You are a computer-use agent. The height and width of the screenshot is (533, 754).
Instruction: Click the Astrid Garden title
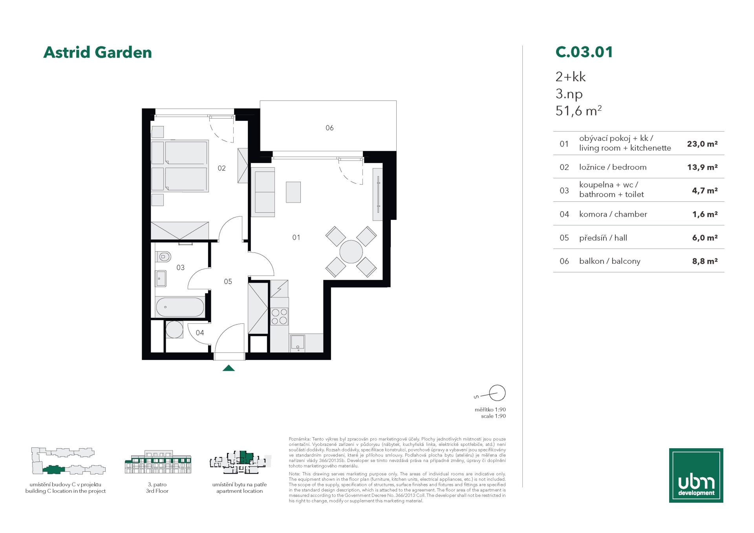point(97,52)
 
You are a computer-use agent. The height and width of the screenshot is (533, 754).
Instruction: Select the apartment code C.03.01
point(584,52)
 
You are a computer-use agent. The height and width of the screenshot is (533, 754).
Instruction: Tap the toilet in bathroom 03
point(163,257)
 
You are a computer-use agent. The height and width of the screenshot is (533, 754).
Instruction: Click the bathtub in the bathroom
point(180,307)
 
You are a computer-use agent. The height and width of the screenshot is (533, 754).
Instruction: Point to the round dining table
point(351,252)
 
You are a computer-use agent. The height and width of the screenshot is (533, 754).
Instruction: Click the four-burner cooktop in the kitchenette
point(279,316)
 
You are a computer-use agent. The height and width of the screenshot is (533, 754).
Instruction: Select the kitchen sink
point(297,343)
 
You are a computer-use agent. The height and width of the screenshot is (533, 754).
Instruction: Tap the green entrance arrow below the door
point(229,368)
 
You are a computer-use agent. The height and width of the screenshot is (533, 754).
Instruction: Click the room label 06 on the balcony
point(329,128)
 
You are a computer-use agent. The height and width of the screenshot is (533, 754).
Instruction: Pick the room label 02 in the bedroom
point(221,168)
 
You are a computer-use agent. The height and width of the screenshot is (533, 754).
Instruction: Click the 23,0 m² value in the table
point(702,144)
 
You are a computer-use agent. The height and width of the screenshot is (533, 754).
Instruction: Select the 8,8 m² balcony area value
point(705,261)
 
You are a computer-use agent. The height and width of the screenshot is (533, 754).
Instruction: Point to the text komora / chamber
point(613,214)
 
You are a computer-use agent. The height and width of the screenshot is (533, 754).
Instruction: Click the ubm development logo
point(696,475)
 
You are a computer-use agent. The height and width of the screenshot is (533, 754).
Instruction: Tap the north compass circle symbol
point(497,392)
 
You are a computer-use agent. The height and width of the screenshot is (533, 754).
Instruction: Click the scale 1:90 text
point(493,416)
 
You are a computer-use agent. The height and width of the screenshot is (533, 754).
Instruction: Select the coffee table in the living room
point(293,192)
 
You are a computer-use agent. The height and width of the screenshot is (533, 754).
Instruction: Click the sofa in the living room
point(263,192)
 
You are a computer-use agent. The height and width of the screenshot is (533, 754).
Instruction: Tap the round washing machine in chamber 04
point(174,330)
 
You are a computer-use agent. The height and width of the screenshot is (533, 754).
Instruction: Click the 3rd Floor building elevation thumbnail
point(158,462)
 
